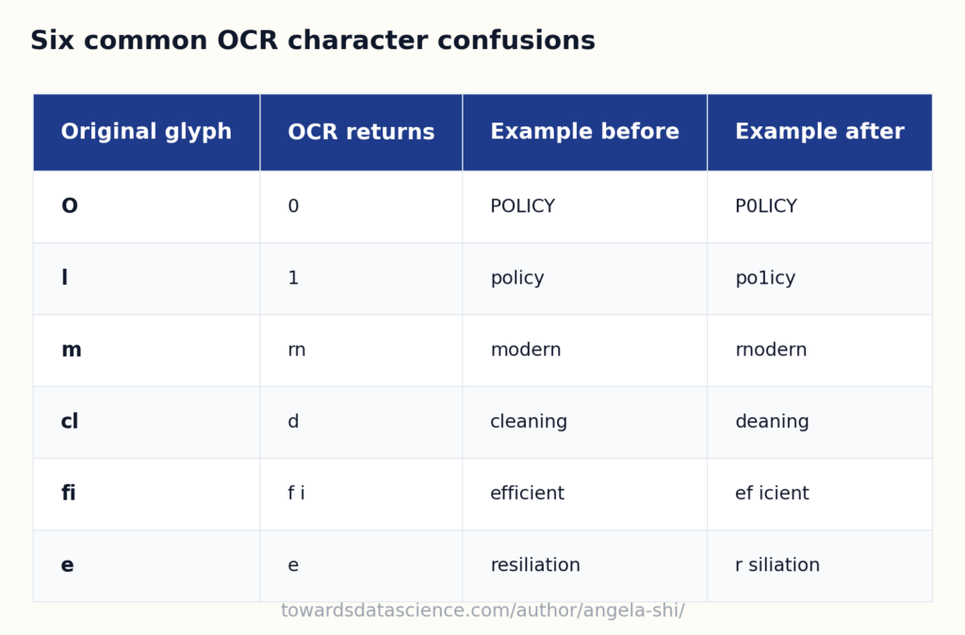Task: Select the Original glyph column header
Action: pos(146,132)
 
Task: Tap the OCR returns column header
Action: pos(361,132)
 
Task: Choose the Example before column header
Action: pos(584,132)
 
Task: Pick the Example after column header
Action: pos(820,132)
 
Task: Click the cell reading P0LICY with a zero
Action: pos(766,206)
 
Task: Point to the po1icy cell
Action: pos(765,278)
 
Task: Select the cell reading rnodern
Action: pos(771,350)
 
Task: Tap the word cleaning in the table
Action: pos(529,421)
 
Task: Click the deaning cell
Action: pos(773,421)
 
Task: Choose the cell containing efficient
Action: pos(528,493)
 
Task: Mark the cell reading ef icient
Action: pos(773,493)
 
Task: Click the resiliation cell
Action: pos(535,565)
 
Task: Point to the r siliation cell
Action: pos(777,565)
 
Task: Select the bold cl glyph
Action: pos(70,421)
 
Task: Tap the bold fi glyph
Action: pos(68,493)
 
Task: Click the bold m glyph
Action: pos(72,350)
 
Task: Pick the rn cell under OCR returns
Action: pos(297,350)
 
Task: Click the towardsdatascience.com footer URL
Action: pos(482,611)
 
